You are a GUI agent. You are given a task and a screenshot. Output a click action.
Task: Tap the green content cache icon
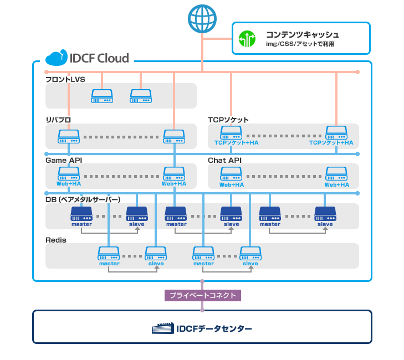[x=246, y=39]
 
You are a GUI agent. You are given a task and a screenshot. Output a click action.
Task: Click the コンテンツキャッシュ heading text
[x=302, y=34]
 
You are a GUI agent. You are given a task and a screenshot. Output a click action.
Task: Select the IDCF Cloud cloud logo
[x=56, y=58]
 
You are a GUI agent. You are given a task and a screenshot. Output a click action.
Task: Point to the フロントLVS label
[x=65, y=79]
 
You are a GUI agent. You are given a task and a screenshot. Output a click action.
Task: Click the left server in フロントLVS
[x=102, y=96]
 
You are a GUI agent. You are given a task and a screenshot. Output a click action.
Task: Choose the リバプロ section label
[x=58, y=120]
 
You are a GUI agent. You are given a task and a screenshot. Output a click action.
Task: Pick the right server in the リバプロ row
[x=174, y=136]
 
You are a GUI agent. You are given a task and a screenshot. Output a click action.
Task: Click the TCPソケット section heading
[x=228, y=120]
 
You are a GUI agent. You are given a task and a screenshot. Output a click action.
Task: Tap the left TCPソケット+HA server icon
[x=231, y=133]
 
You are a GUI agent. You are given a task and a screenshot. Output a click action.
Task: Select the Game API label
[x=64, y=160]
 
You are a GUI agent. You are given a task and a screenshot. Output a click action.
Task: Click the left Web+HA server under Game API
[x=69, y=173]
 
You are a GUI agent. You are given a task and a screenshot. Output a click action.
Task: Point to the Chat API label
[x=224, y=160]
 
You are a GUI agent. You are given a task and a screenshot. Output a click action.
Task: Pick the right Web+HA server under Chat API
[x=336, y=173]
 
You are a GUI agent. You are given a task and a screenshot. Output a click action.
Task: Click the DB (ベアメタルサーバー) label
[x=83, y=199]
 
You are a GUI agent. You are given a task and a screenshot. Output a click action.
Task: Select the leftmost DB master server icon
[x=81, y=213]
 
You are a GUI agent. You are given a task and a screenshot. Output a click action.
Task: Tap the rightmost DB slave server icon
[x=325, y=213]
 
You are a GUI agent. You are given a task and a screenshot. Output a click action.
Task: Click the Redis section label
[x=56, y=239]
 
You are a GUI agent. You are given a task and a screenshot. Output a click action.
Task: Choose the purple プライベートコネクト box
[x=202, y=295]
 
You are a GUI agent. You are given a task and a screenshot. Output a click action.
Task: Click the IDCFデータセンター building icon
[x=163, y=328]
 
